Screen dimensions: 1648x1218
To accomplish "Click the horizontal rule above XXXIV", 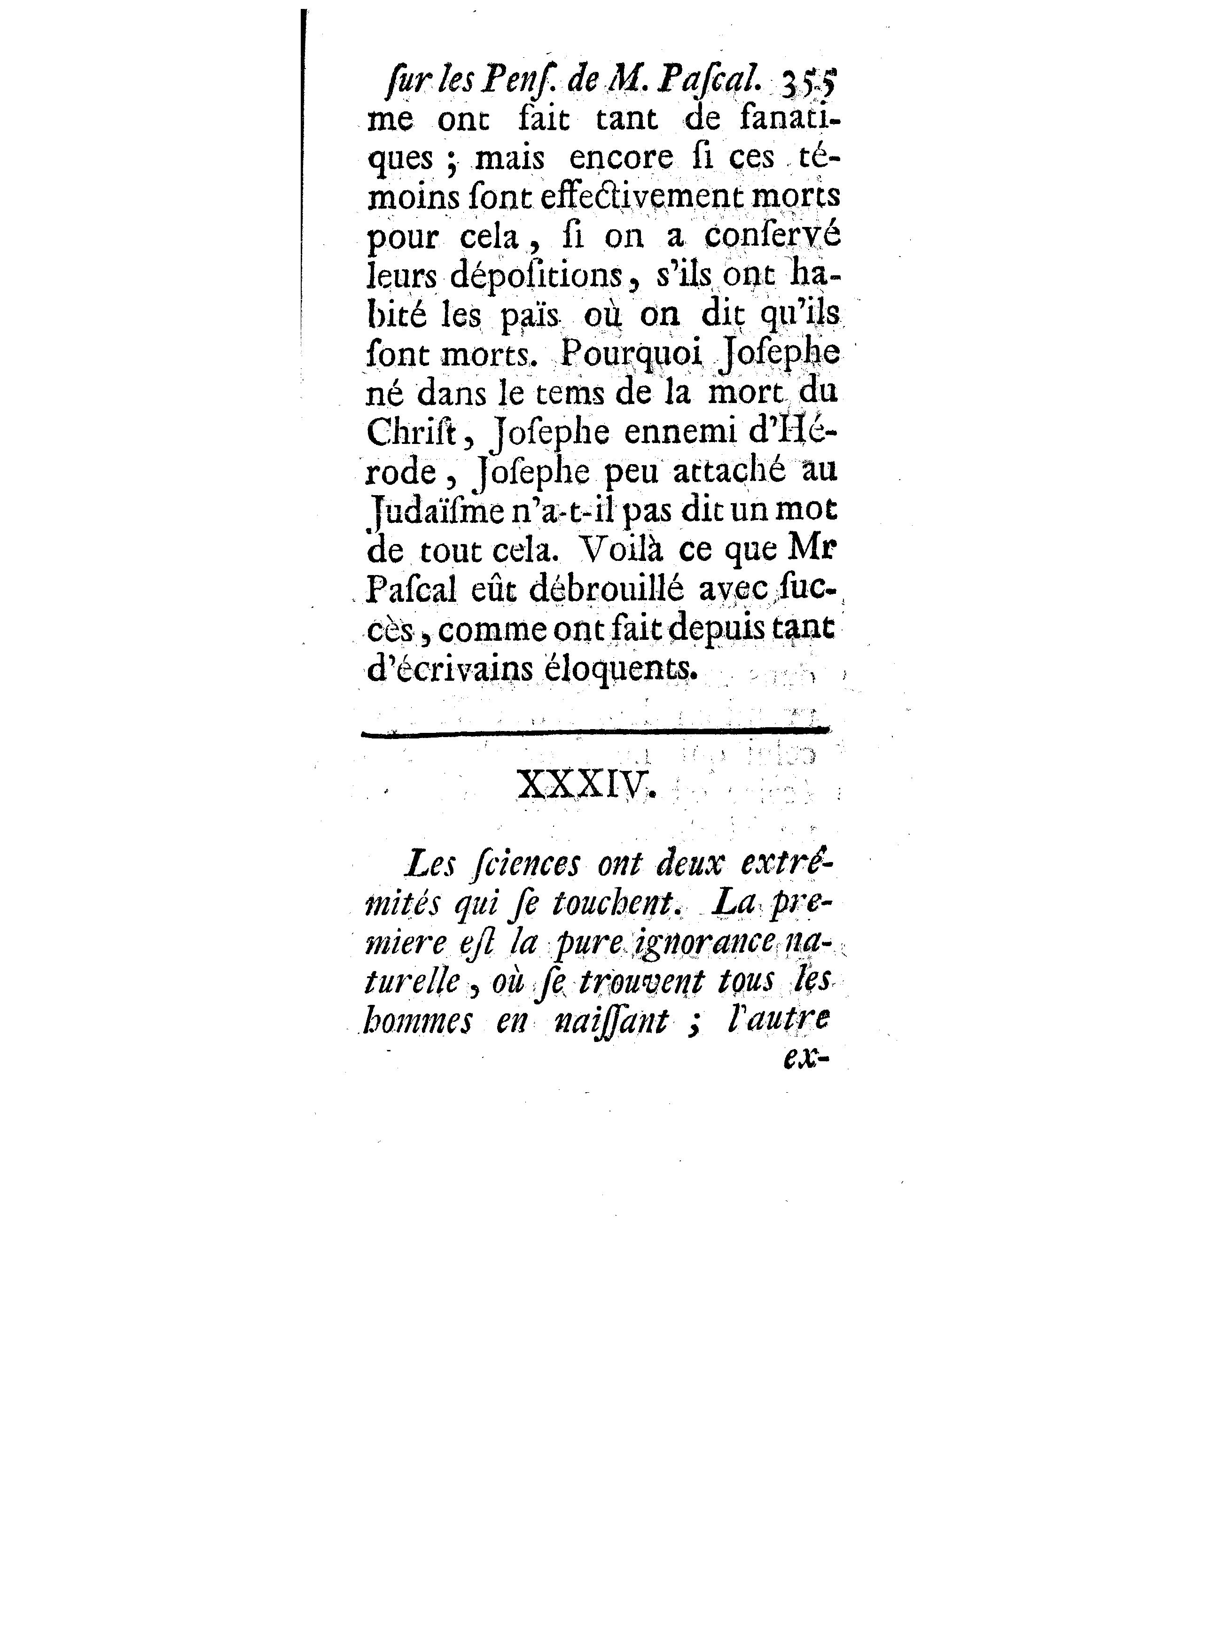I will point(596,731).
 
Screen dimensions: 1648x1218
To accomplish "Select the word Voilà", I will point(617,549).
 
